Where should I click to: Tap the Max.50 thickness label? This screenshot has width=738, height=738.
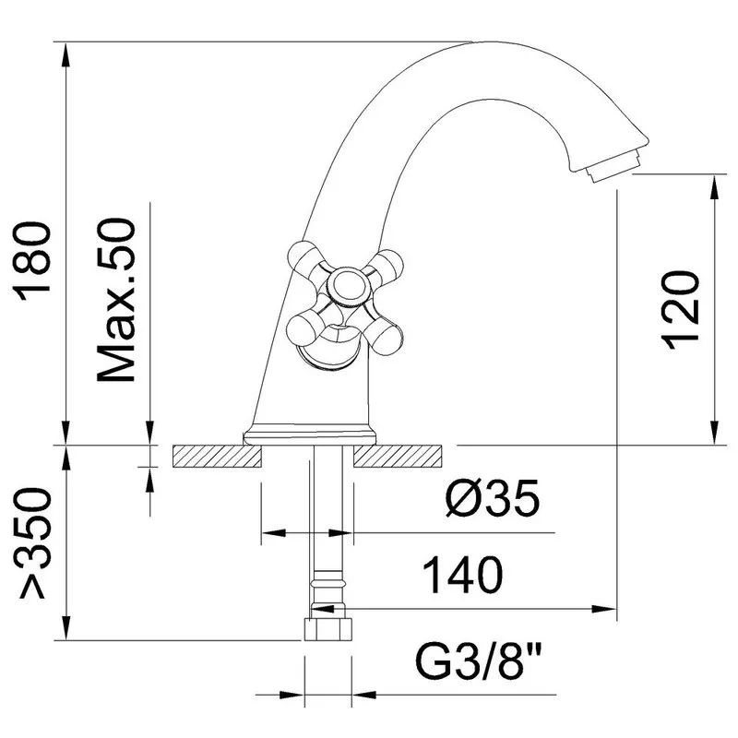(x=116, y=300)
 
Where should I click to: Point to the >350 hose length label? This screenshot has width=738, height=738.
(x=34, y=543)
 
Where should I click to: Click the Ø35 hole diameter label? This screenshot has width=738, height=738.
(x=493, y=498)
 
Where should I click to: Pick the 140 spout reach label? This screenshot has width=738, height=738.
(x=463, y=575)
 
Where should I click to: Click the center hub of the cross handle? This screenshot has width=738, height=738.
(x=349, y=286)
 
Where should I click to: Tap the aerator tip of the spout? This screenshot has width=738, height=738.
(x=614, y=166)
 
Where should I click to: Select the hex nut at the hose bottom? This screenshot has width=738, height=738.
(x=328, y=630)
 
